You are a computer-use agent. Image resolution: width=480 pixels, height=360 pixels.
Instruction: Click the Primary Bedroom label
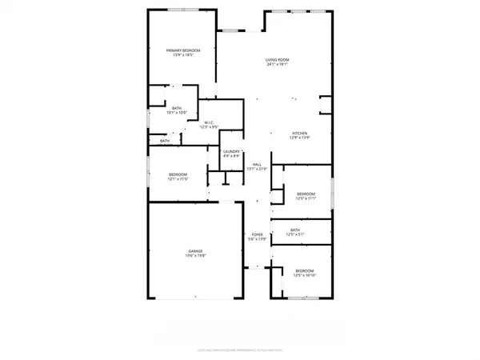[x=183, y=50]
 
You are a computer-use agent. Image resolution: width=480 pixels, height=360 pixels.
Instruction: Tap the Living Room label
[x=278, y=60]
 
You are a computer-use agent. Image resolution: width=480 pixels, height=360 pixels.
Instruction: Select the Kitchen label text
[x=300, y=133]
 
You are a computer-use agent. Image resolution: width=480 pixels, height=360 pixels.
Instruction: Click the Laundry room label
[x=232, y=151]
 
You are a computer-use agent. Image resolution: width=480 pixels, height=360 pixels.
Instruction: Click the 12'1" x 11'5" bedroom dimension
[x=178, y=179]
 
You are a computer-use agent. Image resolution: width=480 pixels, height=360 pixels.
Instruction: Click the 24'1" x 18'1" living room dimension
[x=278, y=65]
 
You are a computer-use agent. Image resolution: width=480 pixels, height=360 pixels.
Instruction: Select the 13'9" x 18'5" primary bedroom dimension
[x=183, y=55]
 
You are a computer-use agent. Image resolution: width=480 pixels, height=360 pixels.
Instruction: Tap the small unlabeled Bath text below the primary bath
[x=164, y=142]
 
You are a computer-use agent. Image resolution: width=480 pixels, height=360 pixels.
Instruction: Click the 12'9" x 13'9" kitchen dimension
[x=300, y=138]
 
